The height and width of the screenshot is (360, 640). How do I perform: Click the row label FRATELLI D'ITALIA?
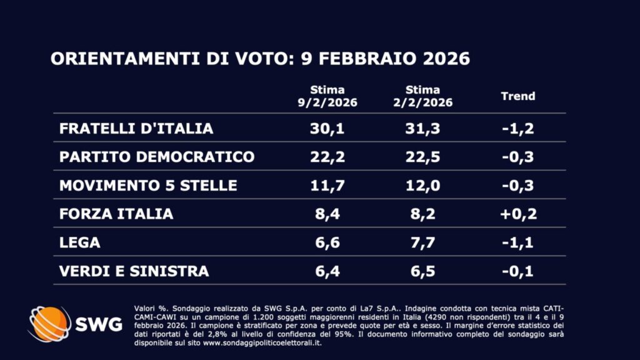click(136, 129)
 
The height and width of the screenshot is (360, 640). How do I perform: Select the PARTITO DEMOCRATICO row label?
click(157, 157)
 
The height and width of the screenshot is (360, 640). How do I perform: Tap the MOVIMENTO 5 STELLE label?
click(148, 186)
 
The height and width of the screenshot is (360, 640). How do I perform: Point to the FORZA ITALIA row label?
click(116, 214)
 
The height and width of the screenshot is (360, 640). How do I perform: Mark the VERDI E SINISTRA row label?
click(134, 271)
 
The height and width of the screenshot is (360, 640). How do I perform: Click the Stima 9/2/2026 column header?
click(327, 96)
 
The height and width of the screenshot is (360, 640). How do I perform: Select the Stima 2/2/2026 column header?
click(422, 96)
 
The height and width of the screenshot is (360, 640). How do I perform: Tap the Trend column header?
click(518, 96)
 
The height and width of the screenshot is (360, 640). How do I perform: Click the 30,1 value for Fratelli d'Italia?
click(327, 129)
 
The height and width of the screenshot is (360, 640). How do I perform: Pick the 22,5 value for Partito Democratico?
click(422, 157)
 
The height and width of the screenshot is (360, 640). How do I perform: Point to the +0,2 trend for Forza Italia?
click(518, 214)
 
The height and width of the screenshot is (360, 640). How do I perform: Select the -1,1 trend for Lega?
click(518, 242)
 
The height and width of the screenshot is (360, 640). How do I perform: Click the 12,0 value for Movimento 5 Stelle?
click(422, 186)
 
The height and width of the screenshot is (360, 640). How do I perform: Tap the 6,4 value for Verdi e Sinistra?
click(327, 271)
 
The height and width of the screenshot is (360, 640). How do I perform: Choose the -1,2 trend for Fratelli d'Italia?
click(518, 129)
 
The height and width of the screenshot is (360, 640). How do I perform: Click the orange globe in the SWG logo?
click(49, 324)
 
